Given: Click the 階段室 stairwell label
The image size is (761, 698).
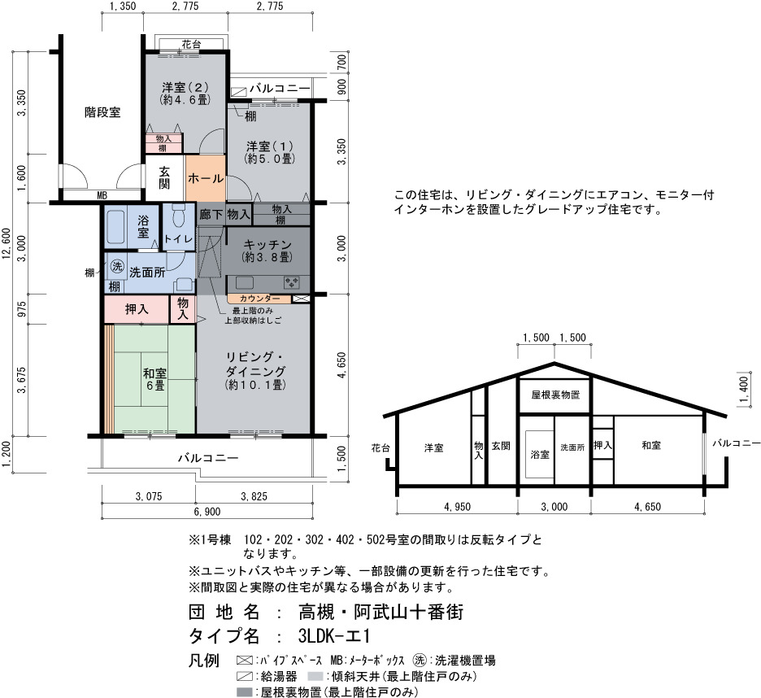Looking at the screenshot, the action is click(102, 113).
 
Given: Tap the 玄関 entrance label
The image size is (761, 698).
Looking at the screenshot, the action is click(164, 177).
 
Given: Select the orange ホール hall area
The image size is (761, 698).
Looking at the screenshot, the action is click(206, 178).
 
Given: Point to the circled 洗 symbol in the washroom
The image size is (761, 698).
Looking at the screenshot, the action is click(117, 266).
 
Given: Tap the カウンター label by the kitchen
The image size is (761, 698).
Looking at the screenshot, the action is click(259, 299).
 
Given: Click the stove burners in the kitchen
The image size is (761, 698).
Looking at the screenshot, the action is click(292, 282).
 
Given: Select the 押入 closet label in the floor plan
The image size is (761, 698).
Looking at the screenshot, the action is click(137, 309).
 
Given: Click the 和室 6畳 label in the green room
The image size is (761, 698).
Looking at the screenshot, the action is click(154, 379).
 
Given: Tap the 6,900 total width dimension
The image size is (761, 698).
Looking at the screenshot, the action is click(207, 512).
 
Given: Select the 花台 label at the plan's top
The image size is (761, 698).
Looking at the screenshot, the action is click(191, 44).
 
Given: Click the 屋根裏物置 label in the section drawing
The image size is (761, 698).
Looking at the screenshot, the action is click(555, 395).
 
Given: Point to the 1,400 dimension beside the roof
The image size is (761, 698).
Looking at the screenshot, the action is click(743, 390).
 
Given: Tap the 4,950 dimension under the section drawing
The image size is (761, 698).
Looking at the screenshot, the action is click(457, 507).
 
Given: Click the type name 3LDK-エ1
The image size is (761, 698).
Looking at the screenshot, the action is click(334, 636).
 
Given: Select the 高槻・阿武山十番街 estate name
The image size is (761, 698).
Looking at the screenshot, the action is click(381, 612).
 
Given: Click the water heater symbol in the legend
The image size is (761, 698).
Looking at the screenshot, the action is click(245, 676).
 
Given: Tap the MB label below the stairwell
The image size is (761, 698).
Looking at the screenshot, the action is click(102, 196).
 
